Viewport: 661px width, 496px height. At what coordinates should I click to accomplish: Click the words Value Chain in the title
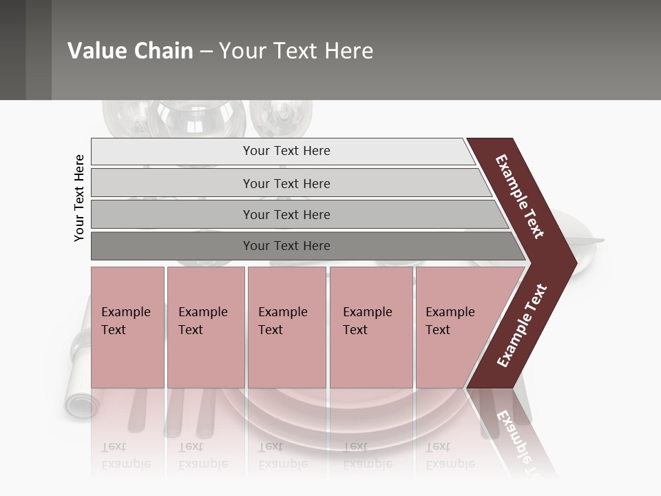coord(130,51)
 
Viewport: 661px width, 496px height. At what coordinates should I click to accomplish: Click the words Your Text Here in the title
coord(296,51)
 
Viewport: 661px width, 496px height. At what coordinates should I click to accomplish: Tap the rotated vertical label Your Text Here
coord(79,198)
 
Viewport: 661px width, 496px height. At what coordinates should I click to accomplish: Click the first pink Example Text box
coord(127,327)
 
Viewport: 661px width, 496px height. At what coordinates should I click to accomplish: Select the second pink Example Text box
coord(206,327)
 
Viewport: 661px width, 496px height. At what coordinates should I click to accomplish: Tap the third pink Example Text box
coord(286,327)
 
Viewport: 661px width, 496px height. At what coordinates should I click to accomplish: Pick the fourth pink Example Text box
coord(371,327)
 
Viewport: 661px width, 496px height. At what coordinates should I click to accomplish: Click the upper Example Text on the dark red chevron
coord(521,196)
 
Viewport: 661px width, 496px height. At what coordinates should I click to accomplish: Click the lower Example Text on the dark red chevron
coord(522,325)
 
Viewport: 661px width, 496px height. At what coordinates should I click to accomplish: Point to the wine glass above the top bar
coord(200,118)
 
